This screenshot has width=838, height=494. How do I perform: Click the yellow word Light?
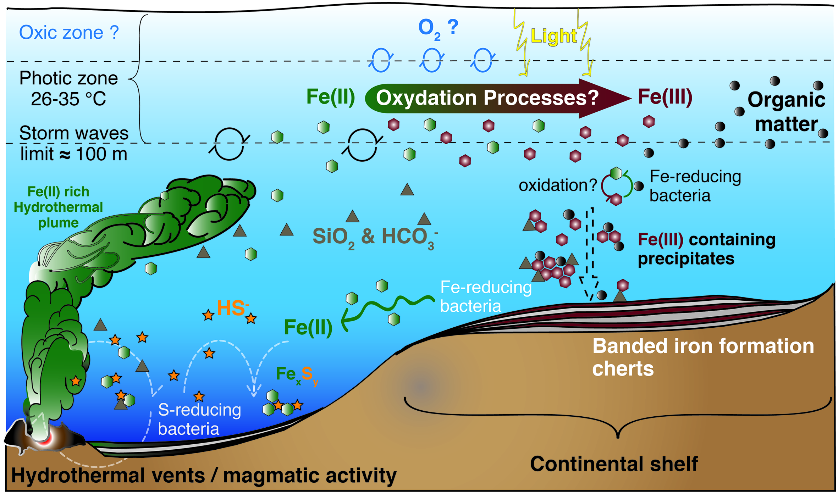pyautogui.click(x=553, y=36)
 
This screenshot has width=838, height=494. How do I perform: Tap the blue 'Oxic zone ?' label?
pyautogui.click(x=68, y=33)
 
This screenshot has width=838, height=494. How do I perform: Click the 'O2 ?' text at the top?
pyautogui.click(x=438, y=28)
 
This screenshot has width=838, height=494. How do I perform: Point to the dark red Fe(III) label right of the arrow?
pyautogui.click(x=665, y=97)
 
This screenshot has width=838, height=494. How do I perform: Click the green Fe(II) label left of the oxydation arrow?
pyautogui.click(x=330, y=97)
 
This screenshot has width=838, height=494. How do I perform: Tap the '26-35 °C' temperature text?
pyautogui.click(x=68, y=99)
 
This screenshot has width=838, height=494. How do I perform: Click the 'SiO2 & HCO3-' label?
pyautogui.click(x=374, y=237)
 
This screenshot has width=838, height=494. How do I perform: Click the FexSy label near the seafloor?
pyautogui.click(x=297, y=374)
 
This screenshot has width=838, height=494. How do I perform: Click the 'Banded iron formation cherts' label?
pyautogui.click(x=702, y=357)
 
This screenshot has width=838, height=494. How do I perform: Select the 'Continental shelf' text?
pyautogui.click(x=613, y=464)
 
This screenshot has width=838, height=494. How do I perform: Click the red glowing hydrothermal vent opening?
pyautogui.click(x=43, y=439)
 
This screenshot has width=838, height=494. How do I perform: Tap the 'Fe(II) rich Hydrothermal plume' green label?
pyautogui.click(x=58, y=207)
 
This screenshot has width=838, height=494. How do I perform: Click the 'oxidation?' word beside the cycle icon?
pyautogui.click(x=557, y=185)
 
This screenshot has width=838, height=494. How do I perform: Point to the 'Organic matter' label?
pyautogui.click(x=786, y=112)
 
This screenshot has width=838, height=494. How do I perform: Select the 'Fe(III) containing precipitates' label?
pyautogui.click(x=706, y=249)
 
